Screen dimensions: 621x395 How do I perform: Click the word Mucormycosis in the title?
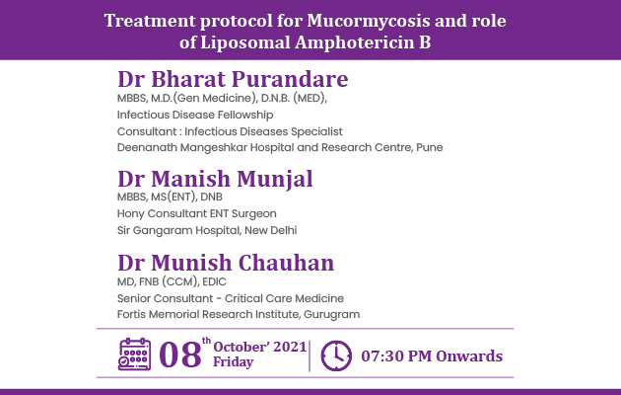369,22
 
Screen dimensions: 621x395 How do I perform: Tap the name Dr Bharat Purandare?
233,79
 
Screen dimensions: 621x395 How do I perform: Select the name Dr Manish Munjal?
215,180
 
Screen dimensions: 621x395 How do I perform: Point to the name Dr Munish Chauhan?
226,263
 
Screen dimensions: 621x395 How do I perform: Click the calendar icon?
134,355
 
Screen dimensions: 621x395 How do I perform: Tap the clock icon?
336,355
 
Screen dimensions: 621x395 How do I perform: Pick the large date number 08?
180,355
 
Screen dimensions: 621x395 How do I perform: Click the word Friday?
234,362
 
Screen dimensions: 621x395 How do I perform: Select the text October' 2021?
260,347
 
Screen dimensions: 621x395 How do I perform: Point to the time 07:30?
382,356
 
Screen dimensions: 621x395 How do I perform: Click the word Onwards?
469,356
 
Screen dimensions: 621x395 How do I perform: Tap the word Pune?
430,147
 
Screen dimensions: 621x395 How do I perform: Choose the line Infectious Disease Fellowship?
195,115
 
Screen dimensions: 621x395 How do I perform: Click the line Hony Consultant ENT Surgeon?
197,213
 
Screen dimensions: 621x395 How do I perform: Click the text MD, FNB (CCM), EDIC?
172,282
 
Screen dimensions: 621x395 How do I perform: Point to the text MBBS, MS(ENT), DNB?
170,197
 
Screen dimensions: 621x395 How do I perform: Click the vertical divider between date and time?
310,355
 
